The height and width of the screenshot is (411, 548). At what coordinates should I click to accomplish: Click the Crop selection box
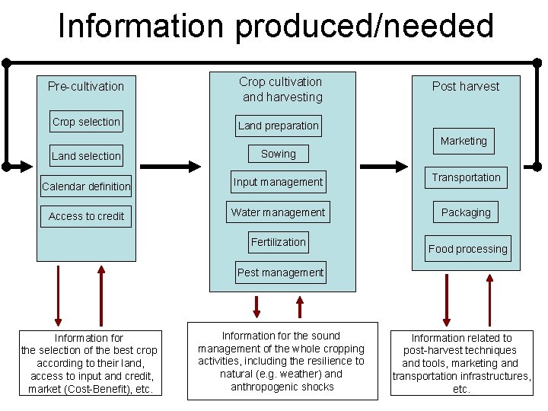click(x=86, y=122)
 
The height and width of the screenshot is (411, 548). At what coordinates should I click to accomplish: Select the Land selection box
click(x=86, y=156)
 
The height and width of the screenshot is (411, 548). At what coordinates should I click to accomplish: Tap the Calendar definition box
click(x=86, y=186)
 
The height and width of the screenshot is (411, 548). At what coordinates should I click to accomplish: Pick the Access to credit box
click(x=86, y=216)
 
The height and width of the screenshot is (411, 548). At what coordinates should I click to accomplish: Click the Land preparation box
click(x=278, y=126)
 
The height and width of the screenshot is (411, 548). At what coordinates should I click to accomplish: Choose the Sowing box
click(x=278, y=154)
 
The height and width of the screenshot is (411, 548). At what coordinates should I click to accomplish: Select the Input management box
click(x=278, y=182)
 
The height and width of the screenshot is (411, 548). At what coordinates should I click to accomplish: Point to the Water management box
click(x=278, y=212)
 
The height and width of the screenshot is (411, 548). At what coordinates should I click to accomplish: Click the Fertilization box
click(x=278, y=242)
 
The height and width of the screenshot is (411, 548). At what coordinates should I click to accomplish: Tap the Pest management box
click(x=280, y=272)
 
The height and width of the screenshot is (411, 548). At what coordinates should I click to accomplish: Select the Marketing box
click(x=464, y=141)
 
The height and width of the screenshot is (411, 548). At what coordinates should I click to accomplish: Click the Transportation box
click(x=466, y=177)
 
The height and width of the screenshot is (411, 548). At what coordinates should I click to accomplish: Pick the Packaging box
click(x=466, y=212)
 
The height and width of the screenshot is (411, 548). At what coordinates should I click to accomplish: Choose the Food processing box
click(x=467, y=249)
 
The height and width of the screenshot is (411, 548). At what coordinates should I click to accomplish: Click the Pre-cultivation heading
click(x=86, y=86)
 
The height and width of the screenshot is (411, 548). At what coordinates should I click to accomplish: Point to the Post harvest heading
click(x=466, y=86)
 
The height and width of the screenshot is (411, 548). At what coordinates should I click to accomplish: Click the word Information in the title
click(x=140, y=26)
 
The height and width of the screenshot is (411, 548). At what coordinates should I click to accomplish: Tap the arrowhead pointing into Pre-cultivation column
click(x=30, y=164)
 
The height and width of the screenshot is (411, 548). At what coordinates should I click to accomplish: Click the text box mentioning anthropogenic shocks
click(x=281, y=361)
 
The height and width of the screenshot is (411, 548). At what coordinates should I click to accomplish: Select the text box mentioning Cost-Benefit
click(x=89, y=363)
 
